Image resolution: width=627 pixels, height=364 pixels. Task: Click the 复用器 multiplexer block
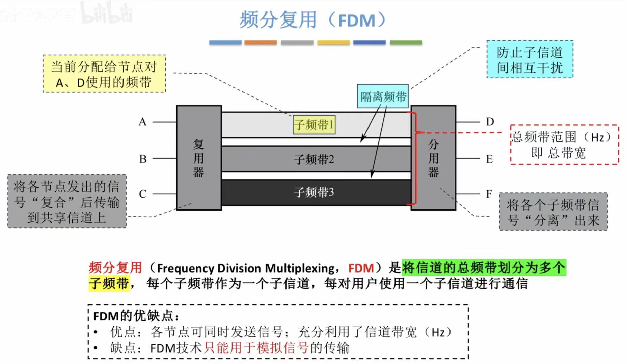(x=199, y=158)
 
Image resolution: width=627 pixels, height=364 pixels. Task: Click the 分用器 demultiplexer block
(x=433, y=158)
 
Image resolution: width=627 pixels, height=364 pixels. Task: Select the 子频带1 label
(x=314, y=125)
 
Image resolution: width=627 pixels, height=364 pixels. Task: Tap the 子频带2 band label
(x=314, y=159)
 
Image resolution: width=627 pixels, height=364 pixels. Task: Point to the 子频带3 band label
(x=314, y=192)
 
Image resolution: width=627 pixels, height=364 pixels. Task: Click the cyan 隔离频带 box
(x=383, y=96)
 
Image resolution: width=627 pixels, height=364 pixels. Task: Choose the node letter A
(x=142, y=122)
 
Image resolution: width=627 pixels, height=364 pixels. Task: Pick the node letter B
(x=143, y=159)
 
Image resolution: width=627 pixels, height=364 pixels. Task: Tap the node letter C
(x=142, y=194)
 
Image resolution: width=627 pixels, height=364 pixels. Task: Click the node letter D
(x=490, y=122)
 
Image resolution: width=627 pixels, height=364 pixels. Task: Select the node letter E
(x=489, y=159)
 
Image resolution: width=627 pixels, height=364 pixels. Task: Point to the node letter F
(x=489, y=194)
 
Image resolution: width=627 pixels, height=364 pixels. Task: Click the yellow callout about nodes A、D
(x=104, y=74)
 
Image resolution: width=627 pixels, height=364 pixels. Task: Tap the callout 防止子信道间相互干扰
(x=529, y=59)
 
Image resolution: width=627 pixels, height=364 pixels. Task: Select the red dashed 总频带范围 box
(x=564, y=145)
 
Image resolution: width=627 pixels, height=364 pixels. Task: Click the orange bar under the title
(x=261, y=43)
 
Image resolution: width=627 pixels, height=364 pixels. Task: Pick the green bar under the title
(x=406, y=43)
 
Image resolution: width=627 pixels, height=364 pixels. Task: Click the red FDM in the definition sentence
(x=361, y=268)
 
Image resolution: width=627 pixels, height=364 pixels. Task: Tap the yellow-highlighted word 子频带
(x=109, y=283)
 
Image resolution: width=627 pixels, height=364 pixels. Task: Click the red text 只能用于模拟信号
(x=256, y=348)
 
